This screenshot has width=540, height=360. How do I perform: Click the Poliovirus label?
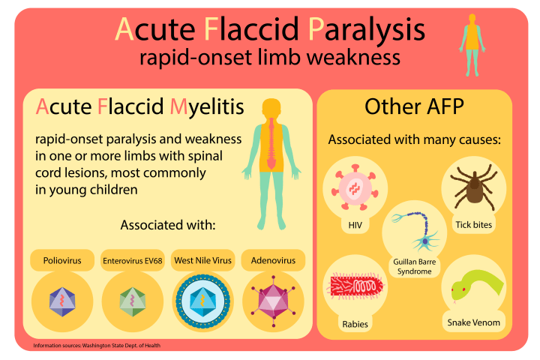tap(62, 260)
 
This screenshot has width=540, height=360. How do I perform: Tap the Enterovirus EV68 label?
tap(133, 261)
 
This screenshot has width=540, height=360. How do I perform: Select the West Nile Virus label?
tap(202, 260)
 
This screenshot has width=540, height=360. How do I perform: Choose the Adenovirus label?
tap(273, 260)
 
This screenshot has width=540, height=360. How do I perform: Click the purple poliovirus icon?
tap(62, 301)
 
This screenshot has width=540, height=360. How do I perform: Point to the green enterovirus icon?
tap(133, 301)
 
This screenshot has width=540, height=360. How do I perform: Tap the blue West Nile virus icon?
tap(202, 301)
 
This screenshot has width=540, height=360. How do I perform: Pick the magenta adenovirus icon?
tap(273, 301)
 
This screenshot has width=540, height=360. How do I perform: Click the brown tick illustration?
tap(473, 187)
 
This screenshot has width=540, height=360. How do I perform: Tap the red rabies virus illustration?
tap(355, 286)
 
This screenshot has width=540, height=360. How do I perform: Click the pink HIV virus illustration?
tap(355, 187)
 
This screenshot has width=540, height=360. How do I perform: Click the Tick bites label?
tap(473, 225)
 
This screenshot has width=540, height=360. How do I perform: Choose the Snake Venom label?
tap(473, 322)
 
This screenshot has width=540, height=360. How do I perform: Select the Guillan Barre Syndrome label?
tap(414, 267)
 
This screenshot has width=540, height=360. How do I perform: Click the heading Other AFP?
tap(414, 106)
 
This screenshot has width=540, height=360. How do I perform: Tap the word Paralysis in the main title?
tap(367, 30)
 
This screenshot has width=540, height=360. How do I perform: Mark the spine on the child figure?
tap(271, 143)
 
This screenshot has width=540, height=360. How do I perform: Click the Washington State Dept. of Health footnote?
tap(97, 345)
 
